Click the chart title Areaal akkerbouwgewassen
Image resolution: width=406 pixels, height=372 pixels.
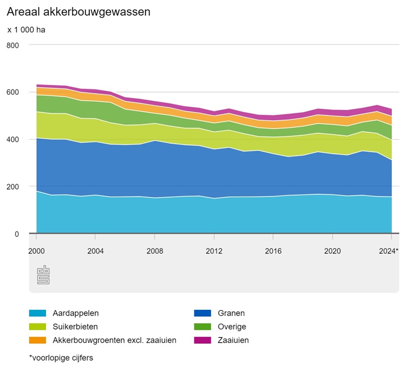tap(78, 11)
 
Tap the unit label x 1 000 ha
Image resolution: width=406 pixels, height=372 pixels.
tap(26, 30)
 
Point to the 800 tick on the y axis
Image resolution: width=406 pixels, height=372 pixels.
tap(12, 45)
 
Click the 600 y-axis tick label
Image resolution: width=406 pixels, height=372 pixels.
tap(12, 92)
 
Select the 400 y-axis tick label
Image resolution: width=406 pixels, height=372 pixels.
tap(12, 139)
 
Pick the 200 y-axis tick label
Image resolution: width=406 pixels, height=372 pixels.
tap(12, 187)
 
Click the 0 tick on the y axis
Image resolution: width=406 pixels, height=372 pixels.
tap(16, 234)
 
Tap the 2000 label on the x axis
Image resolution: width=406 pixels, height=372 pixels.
tap(36, 251)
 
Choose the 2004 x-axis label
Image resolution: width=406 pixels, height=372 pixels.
tap(95, 251)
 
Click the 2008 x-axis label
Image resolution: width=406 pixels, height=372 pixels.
tap(155, 251)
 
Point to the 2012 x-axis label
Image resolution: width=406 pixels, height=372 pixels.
tap(214, 251)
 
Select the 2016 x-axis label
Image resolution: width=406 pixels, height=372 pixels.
tap(273, 251)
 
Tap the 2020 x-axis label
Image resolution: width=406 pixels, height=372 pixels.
tap(332, 251)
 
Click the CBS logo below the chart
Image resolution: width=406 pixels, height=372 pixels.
tap(43, 275)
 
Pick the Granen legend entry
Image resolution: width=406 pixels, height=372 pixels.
tap(232, 313)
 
